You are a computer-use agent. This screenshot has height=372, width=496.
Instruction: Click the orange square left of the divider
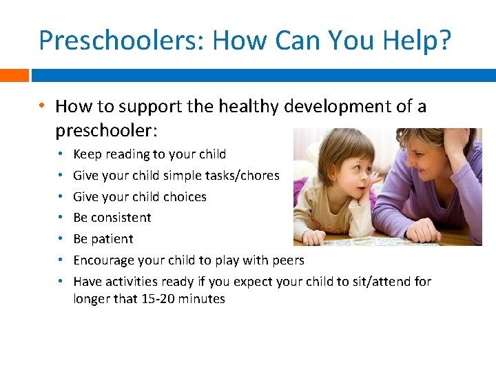[x=14, y=75]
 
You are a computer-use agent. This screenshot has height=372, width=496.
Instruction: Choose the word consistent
[x=122, y=218]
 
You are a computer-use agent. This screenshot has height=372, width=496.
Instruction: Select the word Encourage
[x=104, y=260]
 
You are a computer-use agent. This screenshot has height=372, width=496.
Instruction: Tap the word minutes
[x=203, y=299]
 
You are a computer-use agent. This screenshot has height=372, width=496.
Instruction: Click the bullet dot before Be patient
[x=61, y=239]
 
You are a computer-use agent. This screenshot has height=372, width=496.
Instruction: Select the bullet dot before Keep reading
[x=61, y=154]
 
